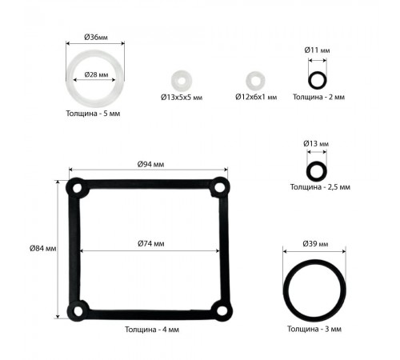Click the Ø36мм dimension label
click(96, 37)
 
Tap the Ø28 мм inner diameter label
click(96, 74)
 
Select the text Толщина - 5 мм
click(93, 114)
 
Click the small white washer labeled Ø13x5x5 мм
click(182, 81)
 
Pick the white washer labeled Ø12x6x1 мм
click(255, 81)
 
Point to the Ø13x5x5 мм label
click(182, 98)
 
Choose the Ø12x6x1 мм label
click(256, 97)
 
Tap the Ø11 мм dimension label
click(317, 50)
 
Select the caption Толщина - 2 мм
click(318, 97)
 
